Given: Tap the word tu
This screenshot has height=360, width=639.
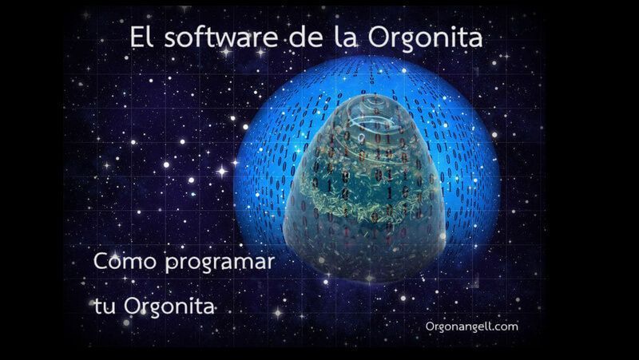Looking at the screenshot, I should point(103,306).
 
